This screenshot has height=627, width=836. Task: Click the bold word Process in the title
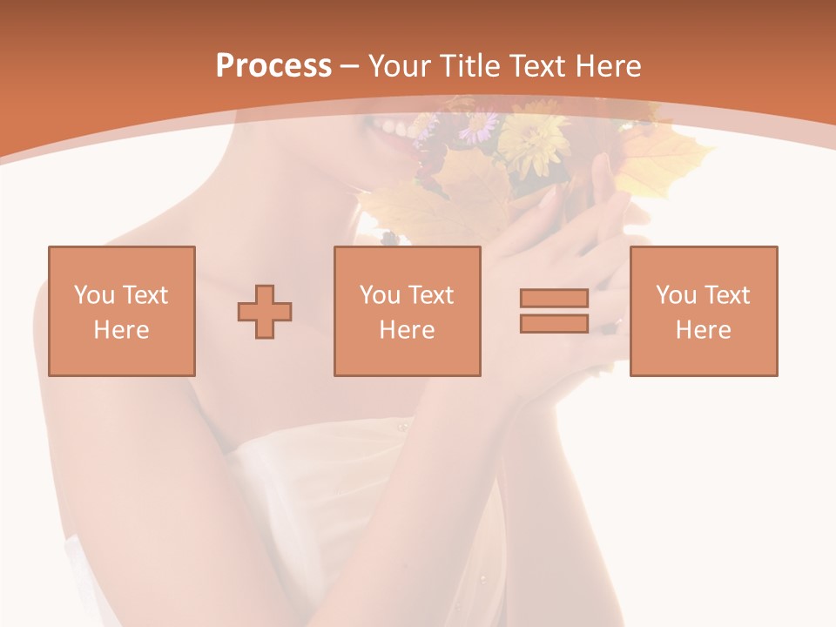coord(273,66)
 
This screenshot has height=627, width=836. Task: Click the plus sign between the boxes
coord(265,312)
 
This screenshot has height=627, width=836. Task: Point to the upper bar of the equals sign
coord(554,299)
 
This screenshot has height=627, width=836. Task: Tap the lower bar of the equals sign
coord(554,323)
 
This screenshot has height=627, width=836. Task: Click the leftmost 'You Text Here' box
coord(121,311)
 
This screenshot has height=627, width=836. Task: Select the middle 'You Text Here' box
coord(407,311)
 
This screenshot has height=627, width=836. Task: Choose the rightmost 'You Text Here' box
coord(703,311)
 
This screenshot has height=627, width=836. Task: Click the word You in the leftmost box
coord(93,295)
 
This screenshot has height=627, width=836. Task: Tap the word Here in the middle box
coord(407,330)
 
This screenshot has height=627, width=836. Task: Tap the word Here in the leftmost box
coord(121,330)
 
